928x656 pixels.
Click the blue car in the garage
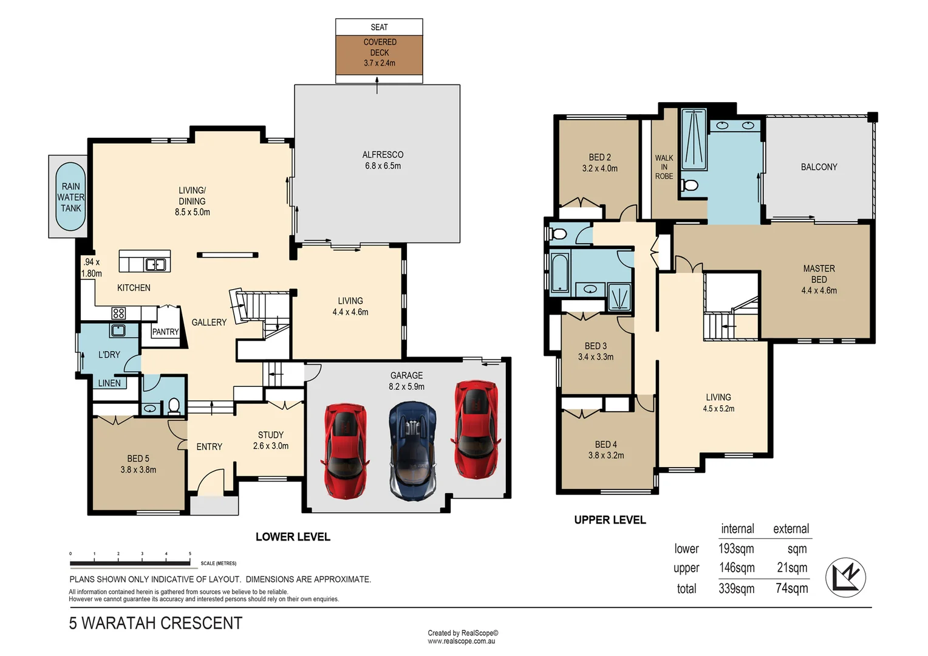412,451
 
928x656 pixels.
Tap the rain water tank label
70,197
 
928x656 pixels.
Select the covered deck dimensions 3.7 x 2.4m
380,63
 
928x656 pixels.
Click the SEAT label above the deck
379,27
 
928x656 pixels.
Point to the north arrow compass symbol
845,578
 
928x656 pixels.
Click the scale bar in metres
131,563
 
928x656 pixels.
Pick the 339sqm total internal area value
736,589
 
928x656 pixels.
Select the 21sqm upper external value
792,568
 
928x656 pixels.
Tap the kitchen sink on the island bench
155,264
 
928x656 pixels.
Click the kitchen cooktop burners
118,313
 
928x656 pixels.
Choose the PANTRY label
165,332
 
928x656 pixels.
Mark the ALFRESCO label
383,155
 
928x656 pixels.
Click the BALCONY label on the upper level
819,167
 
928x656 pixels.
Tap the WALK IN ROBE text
664,167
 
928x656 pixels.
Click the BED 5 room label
138,459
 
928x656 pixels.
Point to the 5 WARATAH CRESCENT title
155,624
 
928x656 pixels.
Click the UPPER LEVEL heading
610,520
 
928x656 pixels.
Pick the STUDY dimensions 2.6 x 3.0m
271,446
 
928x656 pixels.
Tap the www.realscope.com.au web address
461,641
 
